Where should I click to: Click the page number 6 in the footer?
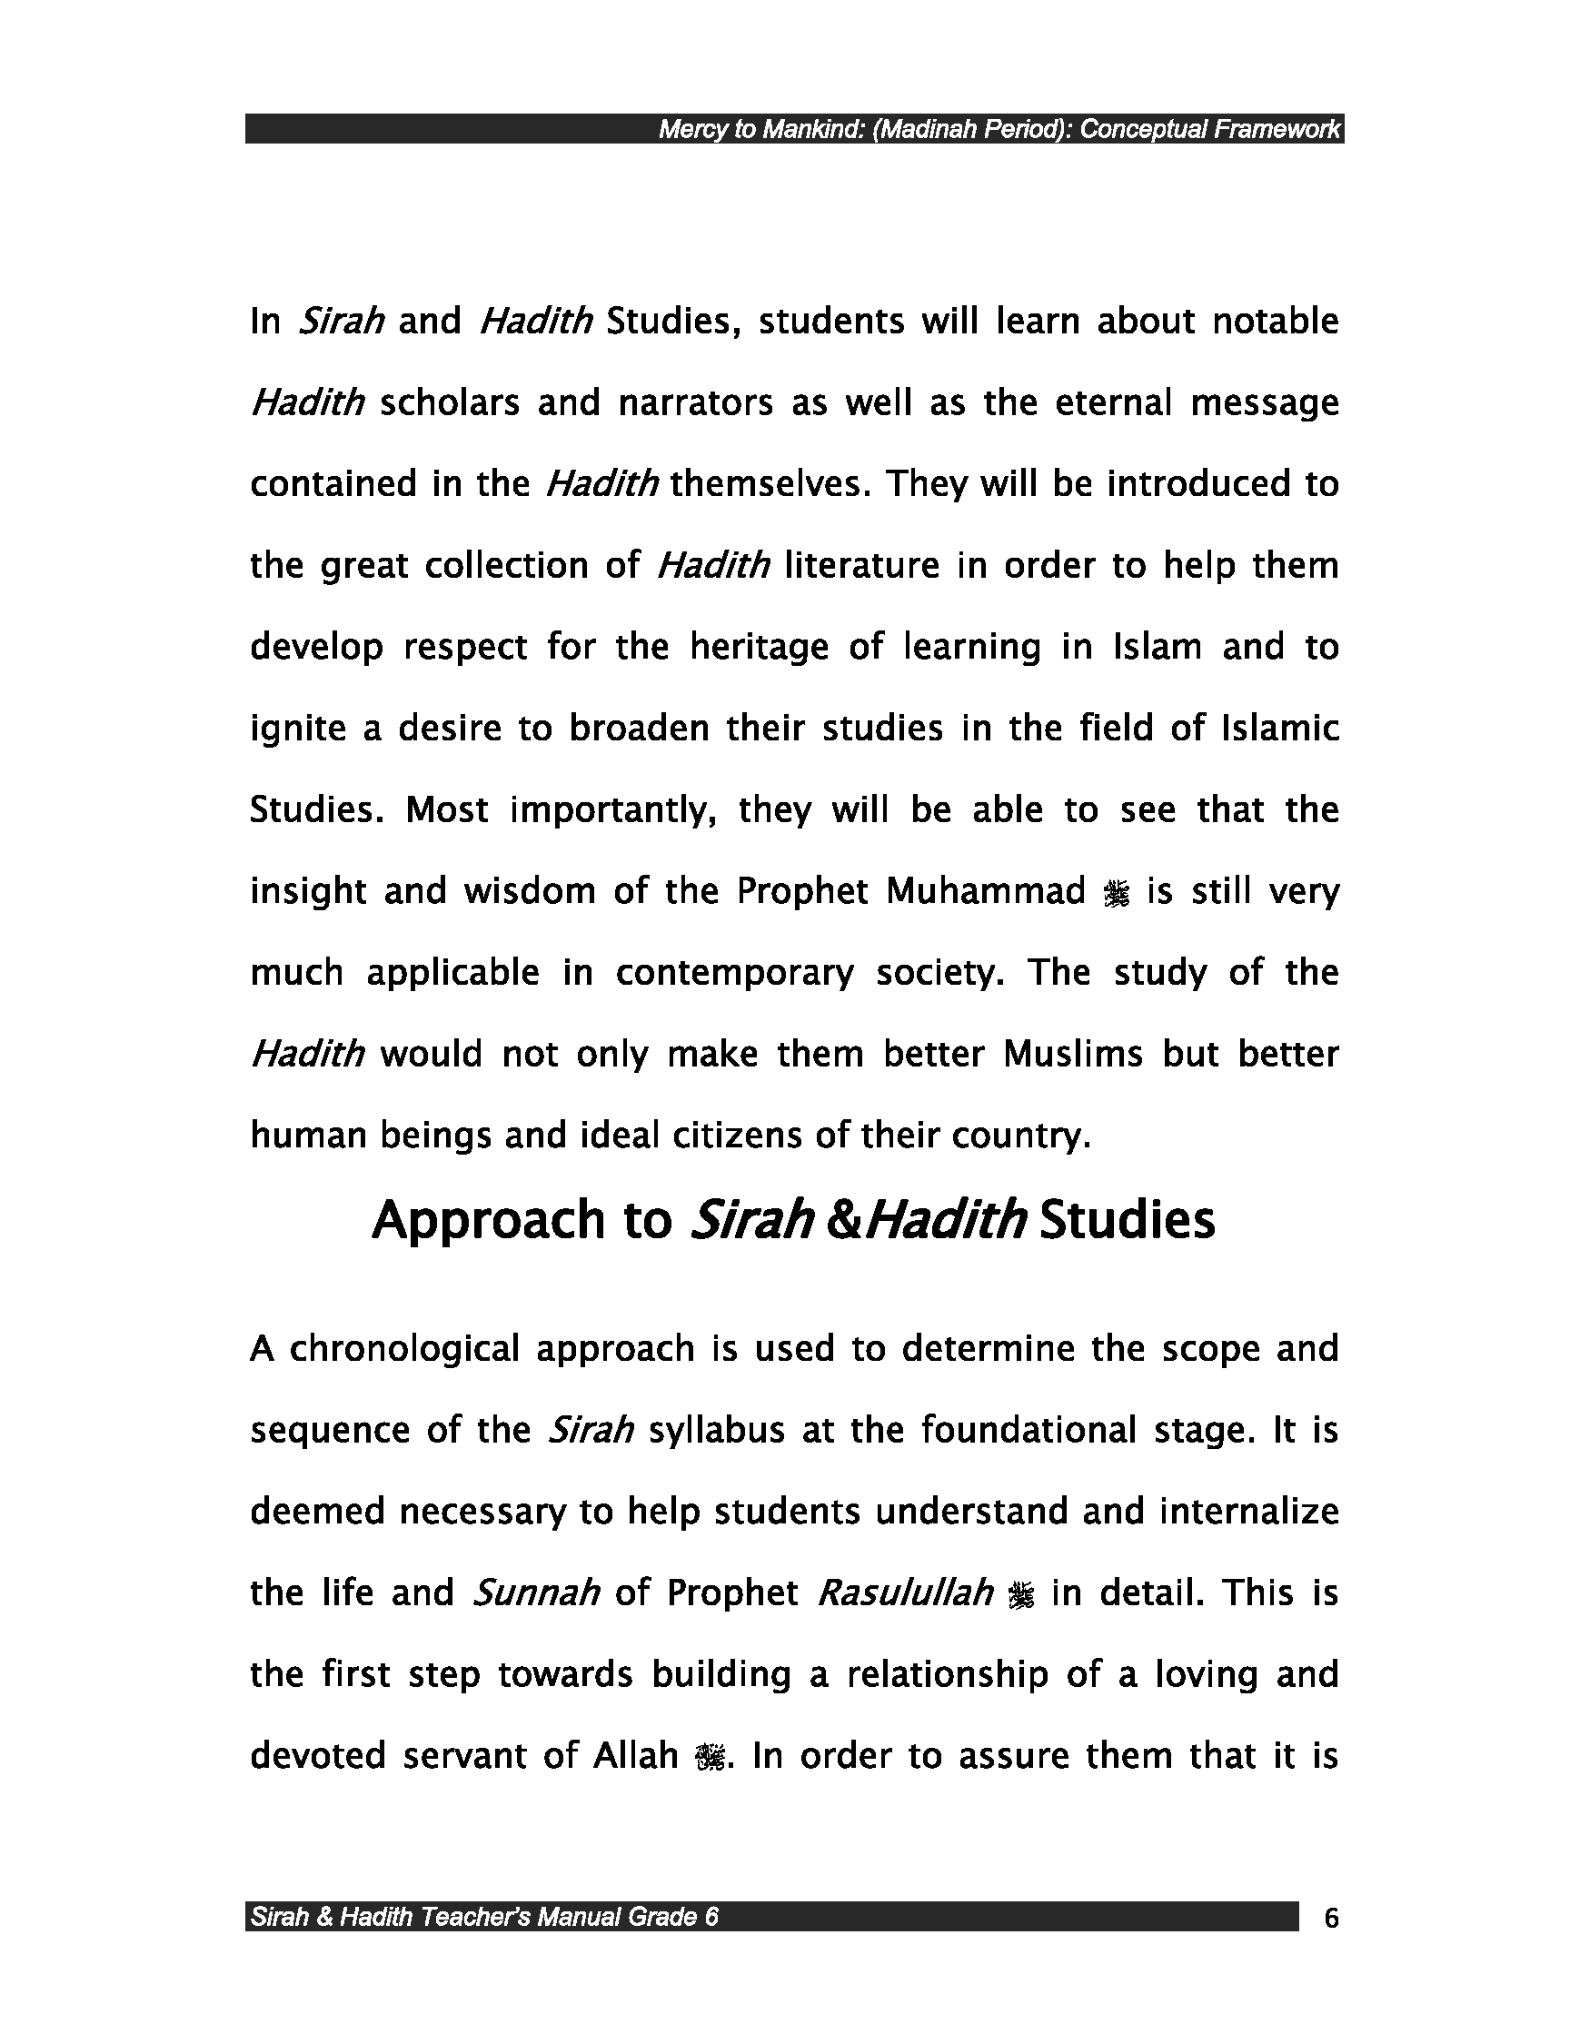(x=1331, y=1918)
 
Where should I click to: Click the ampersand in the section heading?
(x=845, y=1221)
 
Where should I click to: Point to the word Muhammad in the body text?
(x=986, y=892)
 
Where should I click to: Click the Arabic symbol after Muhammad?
(x=1117, y=896)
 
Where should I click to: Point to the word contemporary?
(x=735, y=973)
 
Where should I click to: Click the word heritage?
(x=759, y=648)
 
